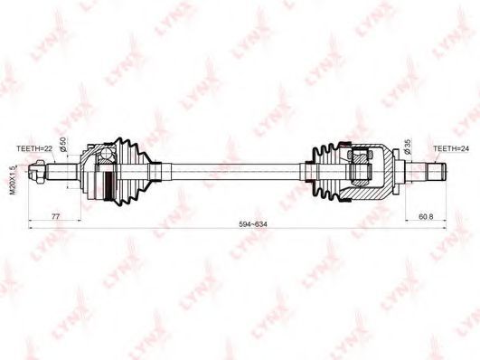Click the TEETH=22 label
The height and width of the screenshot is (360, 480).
pyautogui.click(x=34, y=148)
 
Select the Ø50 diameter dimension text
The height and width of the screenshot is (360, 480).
pyautogui.click(x=63, y=144)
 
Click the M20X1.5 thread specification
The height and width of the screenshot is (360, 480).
pyautogui.click(x=13, y=180)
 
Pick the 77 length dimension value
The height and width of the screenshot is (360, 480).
pyautogui.click(x=55, y=216)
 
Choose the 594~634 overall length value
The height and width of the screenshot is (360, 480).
pyautogui.click(x=253, y=224)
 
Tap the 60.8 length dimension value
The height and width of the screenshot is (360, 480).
pyautogui.click(x=426, y=216)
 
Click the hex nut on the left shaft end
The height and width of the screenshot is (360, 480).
pyautogui.click(x=40, y=172)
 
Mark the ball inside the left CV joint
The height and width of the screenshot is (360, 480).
pyautogui.click(x=106, y=153)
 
